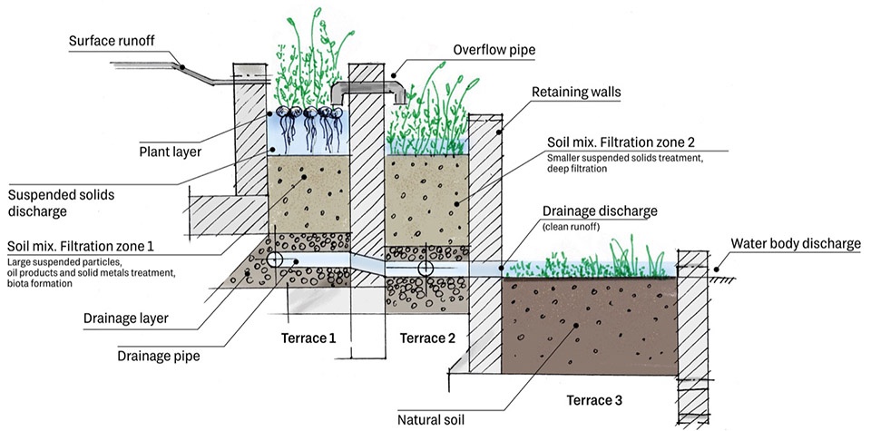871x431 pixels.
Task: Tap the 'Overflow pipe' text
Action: point(494,50)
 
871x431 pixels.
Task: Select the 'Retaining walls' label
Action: point(576,92)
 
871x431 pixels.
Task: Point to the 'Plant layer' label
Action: point(170,151)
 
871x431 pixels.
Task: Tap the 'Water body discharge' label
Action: point(796,243)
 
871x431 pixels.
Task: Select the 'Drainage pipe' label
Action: point(158,356)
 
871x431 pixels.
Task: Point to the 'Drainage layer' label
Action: point(125,318)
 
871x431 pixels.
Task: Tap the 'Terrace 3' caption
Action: point(594,400)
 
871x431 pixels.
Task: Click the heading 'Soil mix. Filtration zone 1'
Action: point(81,246)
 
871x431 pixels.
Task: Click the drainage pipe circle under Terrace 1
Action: point(274,260)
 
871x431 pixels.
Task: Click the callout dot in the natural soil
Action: point(576,326)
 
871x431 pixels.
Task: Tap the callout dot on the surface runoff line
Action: point(181,66)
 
